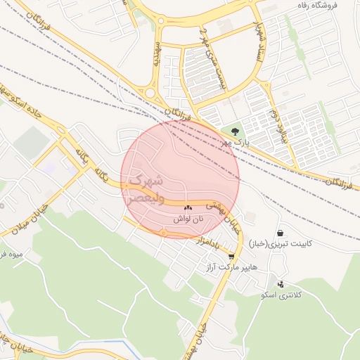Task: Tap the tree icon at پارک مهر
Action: click(x=235, y=131)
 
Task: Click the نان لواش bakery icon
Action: click(x=188, y=208)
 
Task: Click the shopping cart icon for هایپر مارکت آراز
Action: click(x=231, y=257)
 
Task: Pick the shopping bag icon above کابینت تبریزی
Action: click(x=281, y=233)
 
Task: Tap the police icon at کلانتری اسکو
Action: click(x=281, y=284)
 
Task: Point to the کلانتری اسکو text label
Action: click(x=281, y=295)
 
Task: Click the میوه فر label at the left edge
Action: click(x=12, y=253)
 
